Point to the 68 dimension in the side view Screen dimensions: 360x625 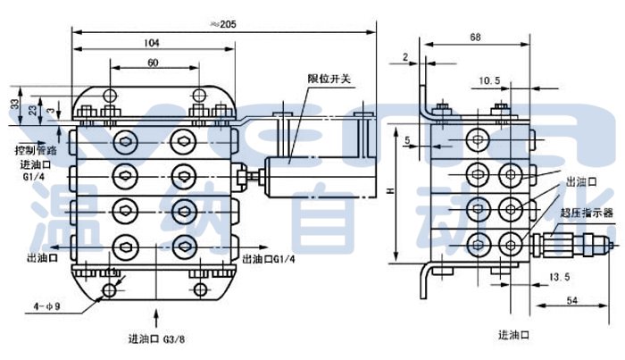[475, 37]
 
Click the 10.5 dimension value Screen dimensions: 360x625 [488, 80]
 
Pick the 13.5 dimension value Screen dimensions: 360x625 [560, 278]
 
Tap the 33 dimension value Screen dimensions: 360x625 [15, 104]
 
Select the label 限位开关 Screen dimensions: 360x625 [329, 79]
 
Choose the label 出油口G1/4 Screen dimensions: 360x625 [270, 259]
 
